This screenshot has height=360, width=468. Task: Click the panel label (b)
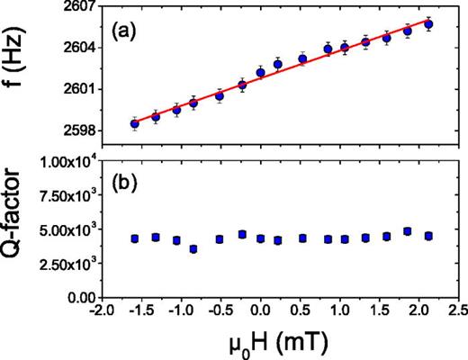[x=125, y=181]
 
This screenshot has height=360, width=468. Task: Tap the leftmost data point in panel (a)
[x=134, y=123]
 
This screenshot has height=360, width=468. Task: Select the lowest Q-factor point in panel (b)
[x=193, y=248]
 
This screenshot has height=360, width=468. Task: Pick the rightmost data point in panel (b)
[x=428, y=236]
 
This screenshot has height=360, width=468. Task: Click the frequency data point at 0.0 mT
[x=261, y=72]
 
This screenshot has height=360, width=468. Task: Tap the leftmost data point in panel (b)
[x=134, y=238]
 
